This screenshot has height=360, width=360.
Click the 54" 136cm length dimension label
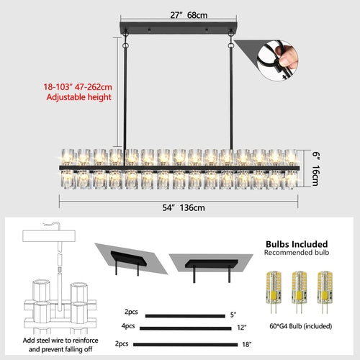[179, 208]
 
